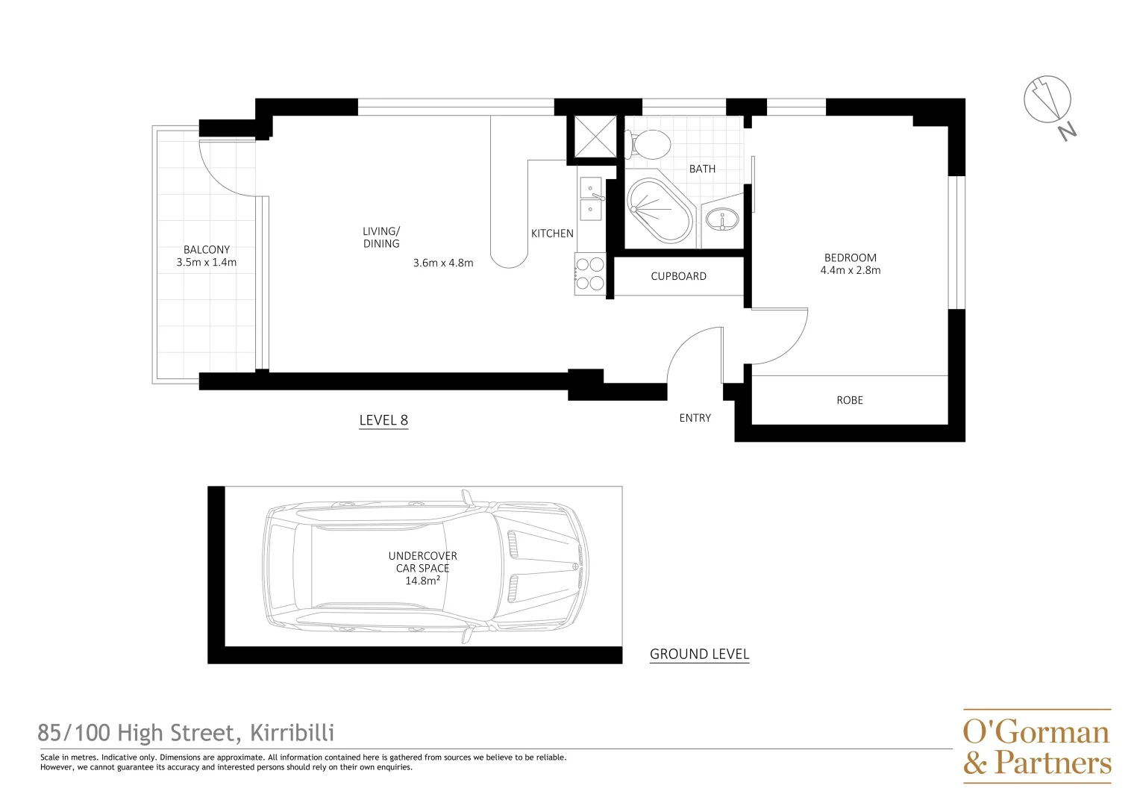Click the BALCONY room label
pyautogui.click(x=207, y=250)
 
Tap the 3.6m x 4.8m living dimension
pyautogui.click(x=443, y=263)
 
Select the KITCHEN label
pyautogui.click(x=552, y=234)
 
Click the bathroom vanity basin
pyautogui.click(x=721, y=220)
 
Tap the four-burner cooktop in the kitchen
pyautogui.click(x=589, y=274)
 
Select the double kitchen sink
pyautogui.click(x=591, y=199)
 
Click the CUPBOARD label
pyautogui.click(x=678, y=276)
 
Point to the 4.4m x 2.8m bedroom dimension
pyautogui.click(x=850, y=270)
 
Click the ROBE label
pyautogui.click(x=849, y=401)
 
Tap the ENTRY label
pyautogui.click(x=695, y=418)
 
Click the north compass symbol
pyautogui.click(x=1048, y=101)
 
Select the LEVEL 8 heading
pyautogui.click(x=383, y=420)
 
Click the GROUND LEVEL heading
pyautogui.click(x=699, y=654)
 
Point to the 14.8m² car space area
pyautogui.click(x=422, y=581)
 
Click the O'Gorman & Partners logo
pyautogui.click(x=1036, y=746)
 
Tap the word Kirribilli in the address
pyautogui.click(x=292, y=733)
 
